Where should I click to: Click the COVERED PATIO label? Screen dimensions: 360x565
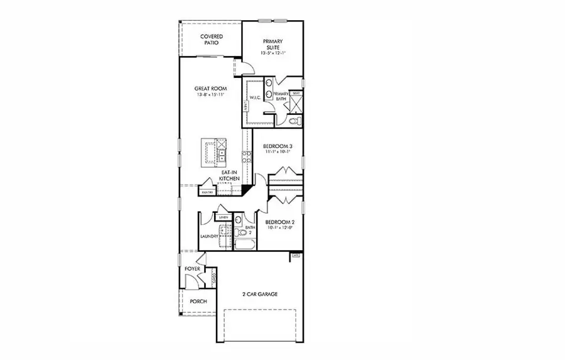212,40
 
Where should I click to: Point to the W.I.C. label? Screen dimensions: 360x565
255,98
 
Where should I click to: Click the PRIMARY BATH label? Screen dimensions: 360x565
281,96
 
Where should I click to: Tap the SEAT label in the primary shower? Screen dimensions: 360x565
296,93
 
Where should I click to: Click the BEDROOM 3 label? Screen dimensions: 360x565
277,146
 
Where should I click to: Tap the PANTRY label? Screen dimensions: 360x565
207,192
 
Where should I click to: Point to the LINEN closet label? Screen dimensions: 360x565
223,217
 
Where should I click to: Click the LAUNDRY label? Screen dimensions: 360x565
209,236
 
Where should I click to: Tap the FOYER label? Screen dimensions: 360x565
192,269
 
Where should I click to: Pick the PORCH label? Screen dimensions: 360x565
198,302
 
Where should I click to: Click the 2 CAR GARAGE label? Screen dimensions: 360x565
260,294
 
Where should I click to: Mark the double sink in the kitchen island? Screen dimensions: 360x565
222,151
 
